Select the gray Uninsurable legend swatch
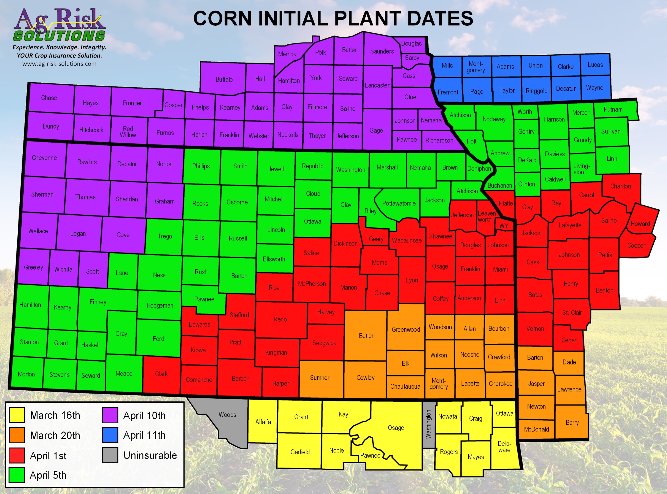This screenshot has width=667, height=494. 110,455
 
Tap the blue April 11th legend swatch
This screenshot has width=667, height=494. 110,435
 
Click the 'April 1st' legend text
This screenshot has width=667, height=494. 48,456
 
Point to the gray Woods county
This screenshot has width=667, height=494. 227,415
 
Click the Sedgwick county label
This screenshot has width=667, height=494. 324,343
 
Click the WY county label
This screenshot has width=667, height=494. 504,226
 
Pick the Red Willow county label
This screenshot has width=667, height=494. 128,132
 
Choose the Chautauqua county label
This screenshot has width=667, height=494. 405,386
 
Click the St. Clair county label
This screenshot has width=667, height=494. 572,313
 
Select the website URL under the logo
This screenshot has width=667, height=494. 59,64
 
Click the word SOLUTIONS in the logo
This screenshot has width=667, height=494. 59,36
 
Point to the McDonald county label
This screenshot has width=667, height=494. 536,429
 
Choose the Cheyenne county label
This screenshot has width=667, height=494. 44,158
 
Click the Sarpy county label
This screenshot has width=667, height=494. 412,58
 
